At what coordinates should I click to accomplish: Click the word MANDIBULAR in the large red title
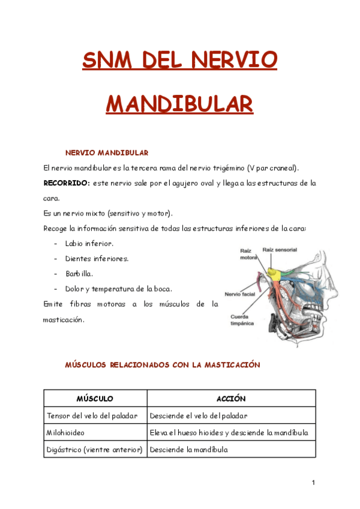tap(179, 103)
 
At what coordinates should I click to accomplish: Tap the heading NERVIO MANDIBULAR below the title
tap(107, 153)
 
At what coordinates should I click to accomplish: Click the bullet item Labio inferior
tap(89, 244)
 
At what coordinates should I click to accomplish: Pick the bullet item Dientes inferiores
tap(97, 259)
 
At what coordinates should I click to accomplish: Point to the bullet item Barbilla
tap(79, 274)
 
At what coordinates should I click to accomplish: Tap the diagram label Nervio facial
tap(239, 294)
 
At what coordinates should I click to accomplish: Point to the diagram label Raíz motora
tap(248, 253)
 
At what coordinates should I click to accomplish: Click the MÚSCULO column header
tap(95, 399)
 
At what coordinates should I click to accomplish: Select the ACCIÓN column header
tap(231, 399)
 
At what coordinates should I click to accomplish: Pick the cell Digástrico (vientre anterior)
tap(94, 449)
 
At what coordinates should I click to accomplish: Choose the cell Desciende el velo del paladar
tap(199, 415)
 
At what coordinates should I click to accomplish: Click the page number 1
tap(313, 483)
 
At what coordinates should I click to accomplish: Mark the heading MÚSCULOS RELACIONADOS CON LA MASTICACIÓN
tap(162, 364)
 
